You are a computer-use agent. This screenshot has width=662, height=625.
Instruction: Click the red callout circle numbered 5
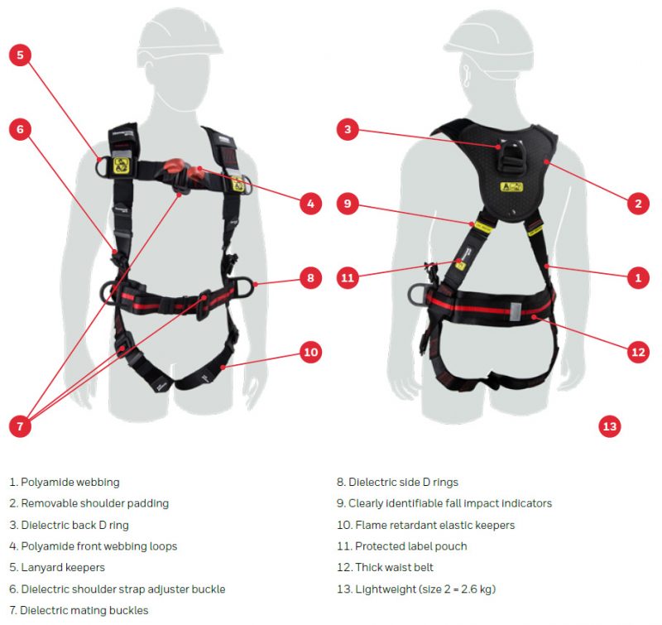pos(21,55)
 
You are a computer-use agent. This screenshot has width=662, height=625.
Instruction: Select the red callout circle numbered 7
pos(21,426)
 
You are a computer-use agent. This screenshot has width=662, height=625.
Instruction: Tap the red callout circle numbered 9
pos(348,203)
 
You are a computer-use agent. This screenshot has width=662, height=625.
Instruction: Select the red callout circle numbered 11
pos(348,278)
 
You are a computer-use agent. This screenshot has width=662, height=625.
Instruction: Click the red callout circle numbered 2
pos(637,203)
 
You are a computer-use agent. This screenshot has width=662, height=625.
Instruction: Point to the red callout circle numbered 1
pos(637,278)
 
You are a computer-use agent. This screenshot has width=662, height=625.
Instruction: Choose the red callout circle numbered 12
pos(637,352)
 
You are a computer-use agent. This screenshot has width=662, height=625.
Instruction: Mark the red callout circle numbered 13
pos(610,426)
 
